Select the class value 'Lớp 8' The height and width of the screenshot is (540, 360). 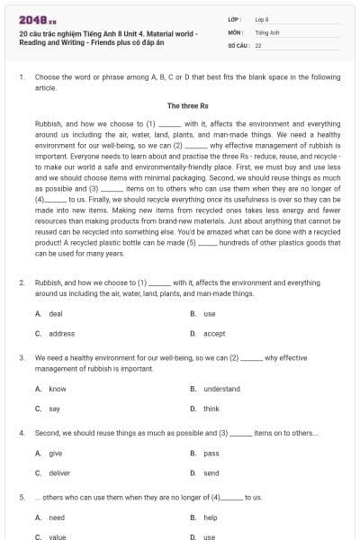point(261,18)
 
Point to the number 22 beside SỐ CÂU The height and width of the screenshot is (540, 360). point(258,43)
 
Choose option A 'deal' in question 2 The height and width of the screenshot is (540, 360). point(55,313)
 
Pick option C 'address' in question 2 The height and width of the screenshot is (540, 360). point(61,333)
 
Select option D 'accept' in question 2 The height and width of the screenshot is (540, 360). point(214,333)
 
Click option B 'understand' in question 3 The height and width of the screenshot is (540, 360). point(221,389)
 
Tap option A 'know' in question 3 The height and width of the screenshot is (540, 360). point(57,389)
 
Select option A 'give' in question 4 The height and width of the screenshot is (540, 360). point(55,454)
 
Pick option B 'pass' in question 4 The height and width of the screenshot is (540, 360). point(211,454)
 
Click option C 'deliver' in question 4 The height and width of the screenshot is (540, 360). point(58,472)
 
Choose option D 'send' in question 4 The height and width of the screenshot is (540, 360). point(211,472)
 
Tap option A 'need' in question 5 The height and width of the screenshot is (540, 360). point(56,517)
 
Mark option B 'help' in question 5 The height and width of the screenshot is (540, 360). point(210,517)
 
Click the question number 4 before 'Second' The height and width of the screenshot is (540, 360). point(21,433)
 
